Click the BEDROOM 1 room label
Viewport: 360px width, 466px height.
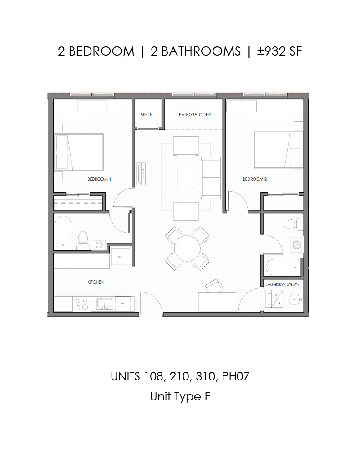tap(99, 179)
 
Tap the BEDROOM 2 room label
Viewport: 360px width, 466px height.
tap(254, 179)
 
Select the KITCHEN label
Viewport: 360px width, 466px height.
tap(96, 282)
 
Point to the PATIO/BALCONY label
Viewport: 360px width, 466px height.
tap(195, 115)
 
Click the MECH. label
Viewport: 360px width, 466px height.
tap(146, 115)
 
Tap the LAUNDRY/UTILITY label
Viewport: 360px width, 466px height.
tap(282, 284)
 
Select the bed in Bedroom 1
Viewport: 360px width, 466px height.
tap(79, 152)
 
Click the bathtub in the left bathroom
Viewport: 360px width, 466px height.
tap(63, 232)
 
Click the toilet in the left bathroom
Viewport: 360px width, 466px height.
tap(82, 240)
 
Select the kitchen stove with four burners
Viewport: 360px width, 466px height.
tap(81, 304)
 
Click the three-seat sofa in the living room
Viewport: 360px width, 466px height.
tap(211, 177)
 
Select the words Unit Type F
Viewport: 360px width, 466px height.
tap(180, 396)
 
